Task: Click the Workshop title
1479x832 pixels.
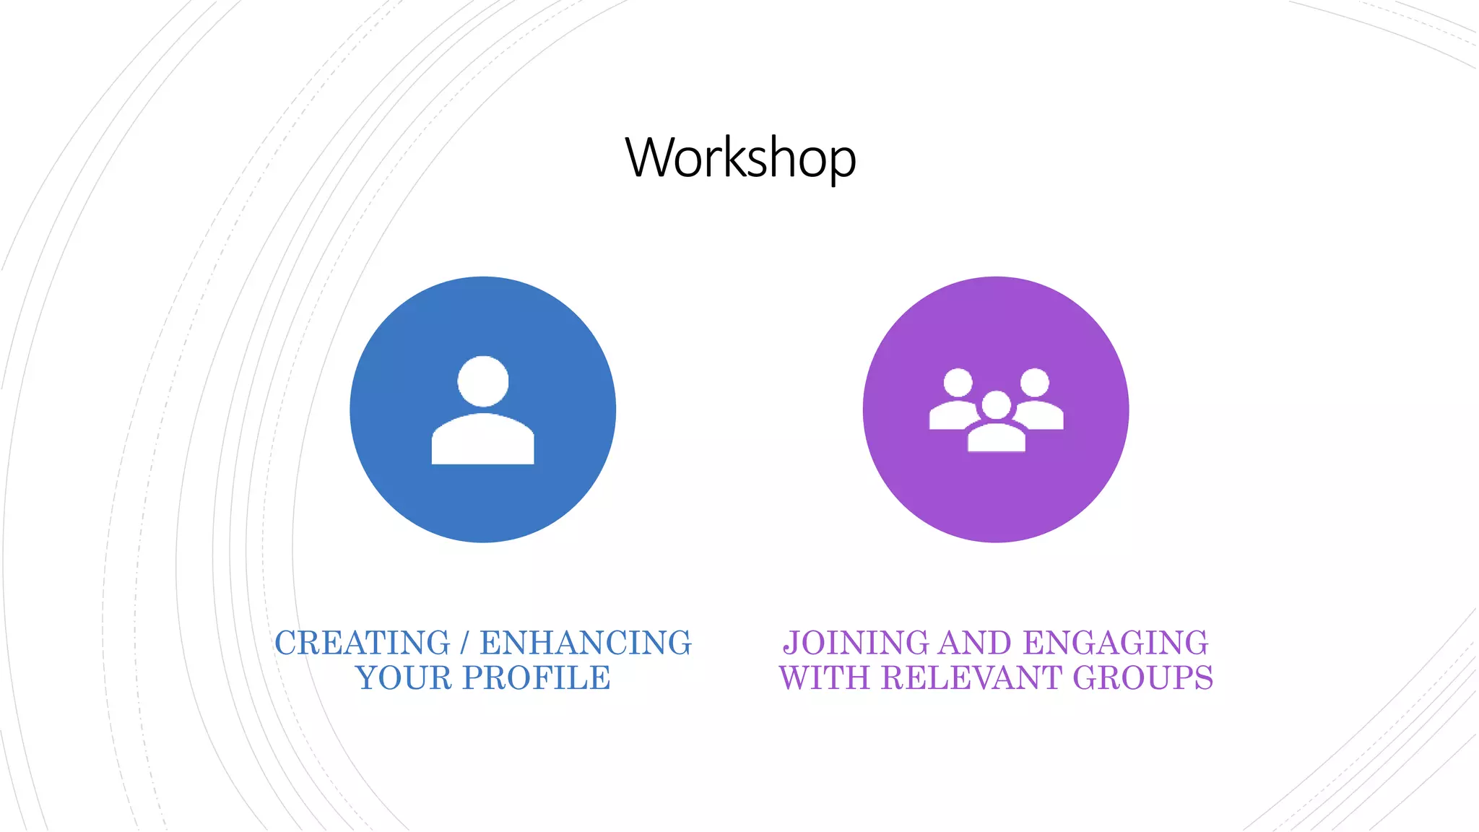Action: click(x=740, y=157)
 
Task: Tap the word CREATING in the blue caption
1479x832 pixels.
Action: click(x=362, y=643)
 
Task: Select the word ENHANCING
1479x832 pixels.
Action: click(x=586, y=643)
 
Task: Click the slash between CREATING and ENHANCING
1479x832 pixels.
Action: click(x=464, y=643)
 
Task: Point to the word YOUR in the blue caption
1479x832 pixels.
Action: click(x=403, y=678)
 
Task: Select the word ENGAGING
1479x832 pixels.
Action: click(x=1116, y=643)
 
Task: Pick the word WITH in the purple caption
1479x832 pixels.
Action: click(x=825, y=678)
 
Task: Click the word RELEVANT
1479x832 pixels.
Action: click(x=972, y=678)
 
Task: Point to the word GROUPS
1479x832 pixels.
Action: click(x=1142, y=678)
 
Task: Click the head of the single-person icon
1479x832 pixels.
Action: click(x=483, y=381)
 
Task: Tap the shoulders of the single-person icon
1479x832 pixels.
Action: click(x=482, y=440)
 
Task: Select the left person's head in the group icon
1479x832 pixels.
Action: click(x=958, y=383)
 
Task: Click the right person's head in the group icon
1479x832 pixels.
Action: click(x=1035, y=383)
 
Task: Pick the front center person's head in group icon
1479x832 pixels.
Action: click(x=997, y=405)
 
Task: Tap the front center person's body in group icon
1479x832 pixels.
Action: click(x=997, y=438)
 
